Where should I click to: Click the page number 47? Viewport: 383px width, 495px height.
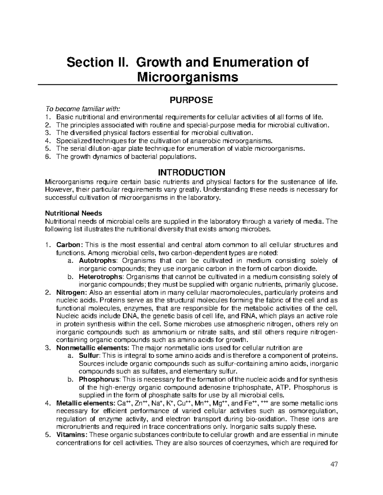[x=334, y=464]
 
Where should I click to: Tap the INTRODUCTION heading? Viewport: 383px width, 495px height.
[x=191, y=173]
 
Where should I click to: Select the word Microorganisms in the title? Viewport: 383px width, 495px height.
[x=188, y=77]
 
